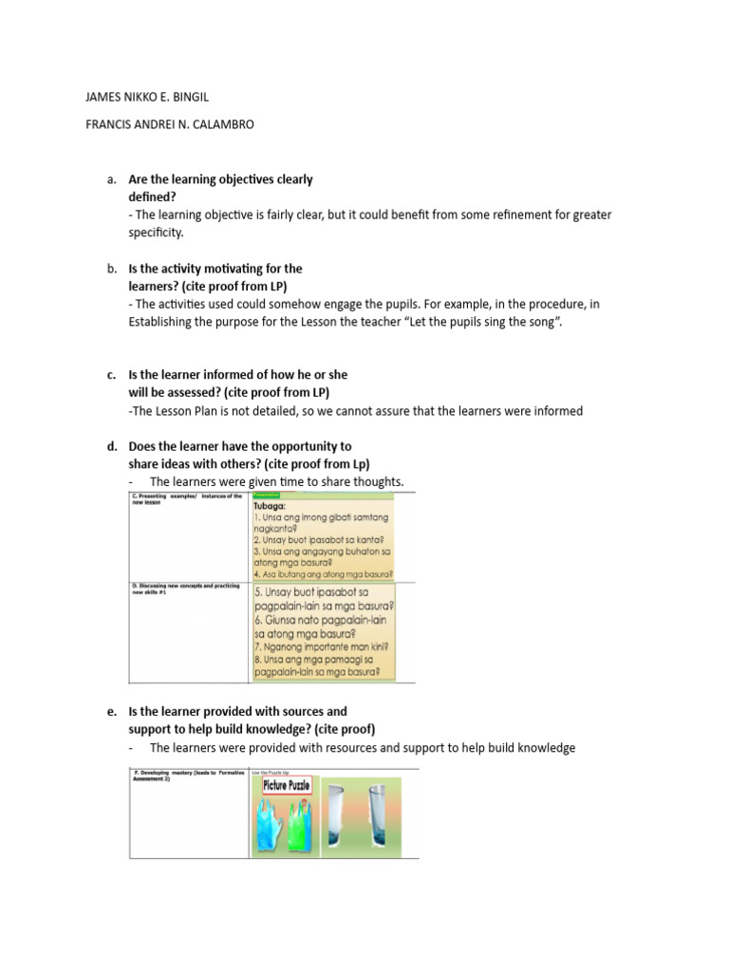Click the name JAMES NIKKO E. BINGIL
[147, 96]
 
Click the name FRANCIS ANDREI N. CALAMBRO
[170, 124]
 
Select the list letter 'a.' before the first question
[112, 178]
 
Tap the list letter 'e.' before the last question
[112, 711]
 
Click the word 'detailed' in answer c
[286, 411]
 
